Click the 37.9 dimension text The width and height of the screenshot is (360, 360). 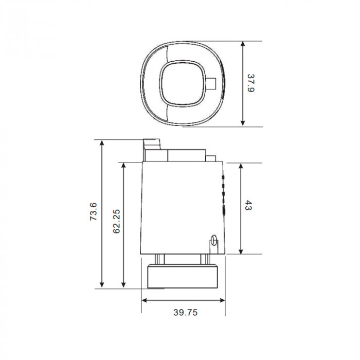coord(250,84)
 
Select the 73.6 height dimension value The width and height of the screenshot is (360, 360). coord(93,212)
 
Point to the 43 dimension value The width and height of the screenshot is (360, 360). coord(249,207)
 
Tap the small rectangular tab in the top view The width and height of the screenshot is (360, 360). coord(212,83)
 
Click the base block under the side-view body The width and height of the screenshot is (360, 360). coord(183,276)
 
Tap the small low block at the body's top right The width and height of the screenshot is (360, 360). coord(211,157)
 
